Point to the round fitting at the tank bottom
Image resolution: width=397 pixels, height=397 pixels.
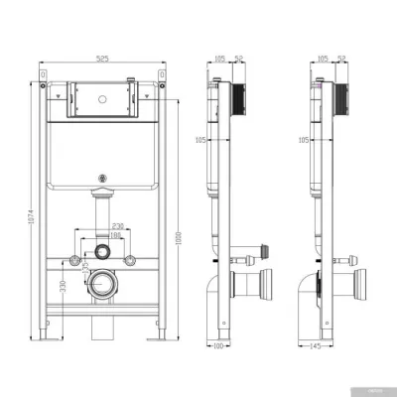pos(102,179)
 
